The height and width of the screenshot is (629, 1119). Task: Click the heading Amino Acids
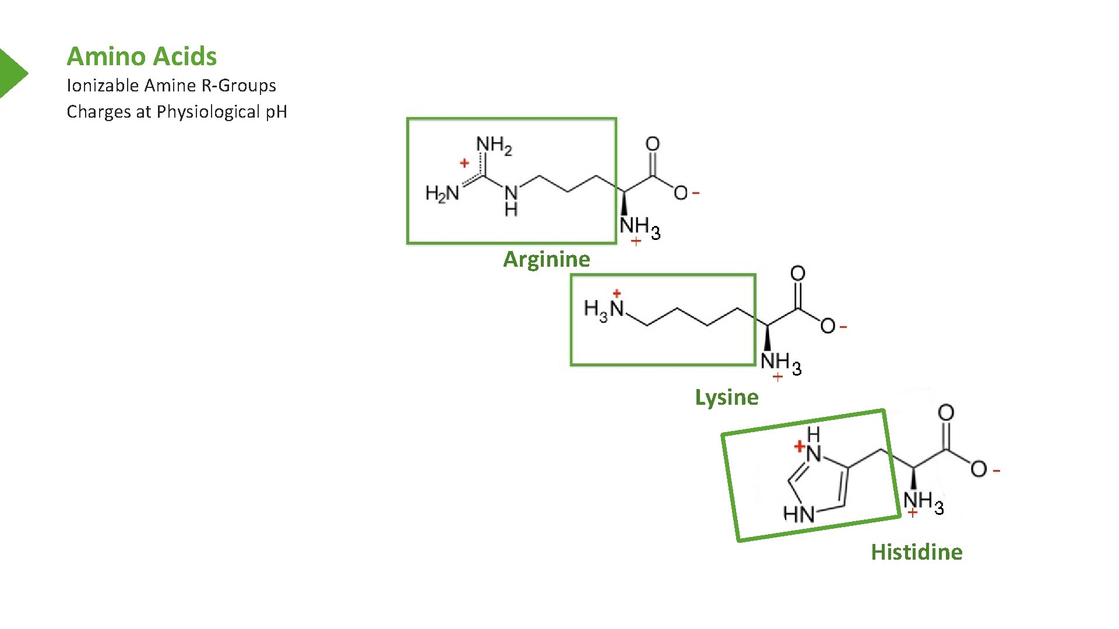(142, 56)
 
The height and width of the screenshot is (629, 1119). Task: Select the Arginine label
(546, 259)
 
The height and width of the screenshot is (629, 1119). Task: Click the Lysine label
(726, 397)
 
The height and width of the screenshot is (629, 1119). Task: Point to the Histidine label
(916, 552)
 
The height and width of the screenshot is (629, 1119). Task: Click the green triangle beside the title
(12, 73)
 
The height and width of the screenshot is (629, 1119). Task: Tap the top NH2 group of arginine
(494, 145)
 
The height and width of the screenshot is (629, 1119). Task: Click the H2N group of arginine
(442, 193)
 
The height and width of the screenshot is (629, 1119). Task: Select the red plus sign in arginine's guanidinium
(465, 163)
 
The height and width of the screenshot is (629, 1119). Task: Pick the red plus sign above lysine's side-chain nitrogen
(617, 294)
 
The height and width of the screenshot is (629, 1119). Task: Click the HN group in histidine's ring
(798, 514)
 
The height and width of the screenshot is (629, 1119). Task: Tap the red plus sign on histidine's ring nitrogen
(800, 447)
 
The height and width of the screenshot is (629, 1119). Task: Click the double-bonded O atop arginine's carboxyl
(653, 144)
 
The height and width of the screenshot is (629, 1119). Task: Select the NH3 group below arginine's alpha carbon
(640, 227)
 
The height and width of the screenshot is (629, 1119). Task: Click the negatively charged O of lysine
(828, 326)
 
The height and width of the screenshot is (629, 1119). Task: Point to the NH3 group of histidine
(923, 502)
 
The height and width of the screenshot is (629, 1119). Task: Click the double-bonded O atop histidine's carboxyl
(946, 413)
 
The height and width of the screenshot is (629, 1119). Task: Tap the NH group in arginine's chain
(511, 199)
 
